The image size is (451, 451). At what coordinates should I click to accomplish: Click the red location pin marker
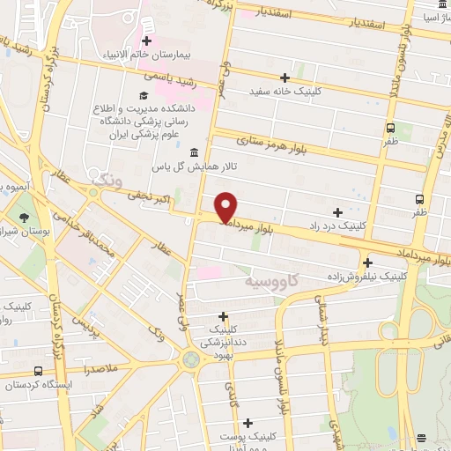point(226,206)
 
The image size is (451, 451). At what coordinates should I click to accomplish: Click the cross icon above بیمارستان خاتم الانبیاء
point(146,41)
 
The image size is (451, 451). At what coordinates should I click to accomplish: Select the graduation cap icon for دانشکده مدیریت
point(141,95)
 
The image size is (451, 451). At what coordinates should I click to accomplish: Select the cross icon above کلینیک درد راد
point(338,212)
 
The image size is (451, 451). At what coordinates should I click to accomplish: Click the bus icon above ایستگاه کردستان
point(37,372)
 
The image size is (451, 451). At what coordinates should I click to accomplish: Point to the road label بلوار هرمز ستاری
point(276,145)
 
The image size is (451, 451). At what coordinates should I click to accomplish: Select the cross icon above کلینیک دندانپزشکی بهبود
point(223,316)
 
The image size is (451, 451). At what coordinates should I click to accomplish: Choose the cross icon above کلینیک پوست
point(248,423)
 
